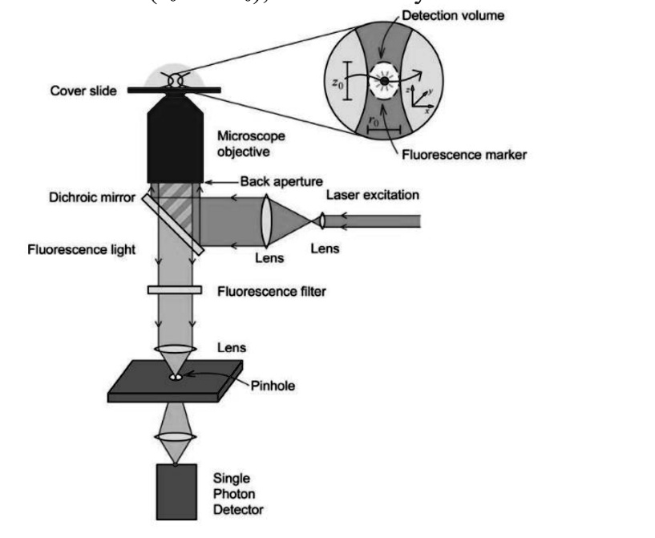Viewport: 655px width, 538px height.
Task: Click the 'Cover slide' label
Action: (x=83, y=91)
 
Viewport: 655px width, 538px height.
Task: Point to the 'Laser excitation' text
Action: (x=374, y=195)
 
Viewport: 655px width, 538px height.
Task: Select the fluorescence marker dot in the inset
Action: (x=386, y=81)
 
